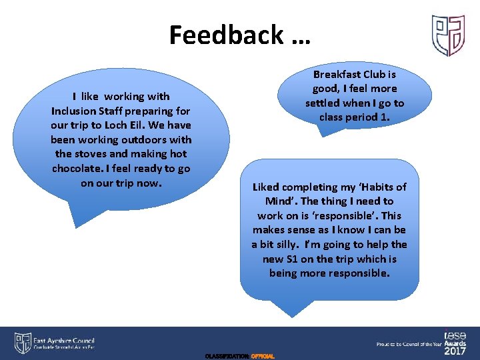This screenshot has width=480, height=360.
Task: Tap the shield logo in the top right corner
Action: (447, 35)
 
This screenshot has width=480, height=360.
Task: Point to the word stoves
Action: (95, 154)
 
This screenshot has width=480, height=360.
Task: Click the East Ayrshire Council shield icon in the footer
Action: (22, 343)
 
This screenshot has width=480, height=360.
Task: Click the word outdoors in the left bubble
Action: (165, 140)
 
